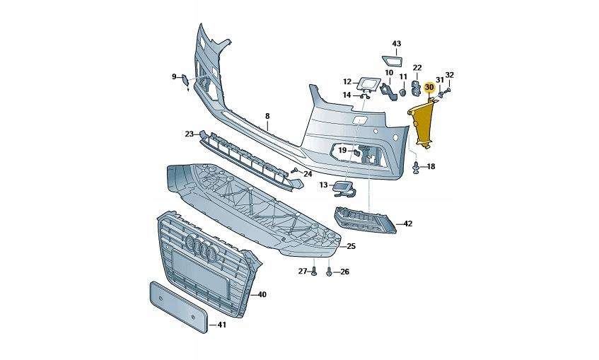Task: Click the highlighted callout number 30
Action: (x=429, y=87)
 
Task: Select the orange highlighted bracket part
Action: (x=425, y=124)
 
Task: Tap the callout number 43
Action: (x=397, y=44)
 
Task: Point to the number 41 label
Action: (x=221, y=325)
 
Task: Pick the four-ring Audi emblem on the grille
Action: (x=202, y=248)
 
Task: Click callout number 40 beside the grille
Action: (x=262, y=294)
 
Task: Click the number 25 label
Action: (x=351, y=246)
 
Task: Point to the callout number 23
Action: (x=190, y=134)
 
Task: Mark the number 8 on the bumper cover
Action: (x=268, y=115)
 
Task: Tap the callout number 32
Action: (x=450, y=74)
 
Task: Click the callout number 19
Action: (x=342, y=151)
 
